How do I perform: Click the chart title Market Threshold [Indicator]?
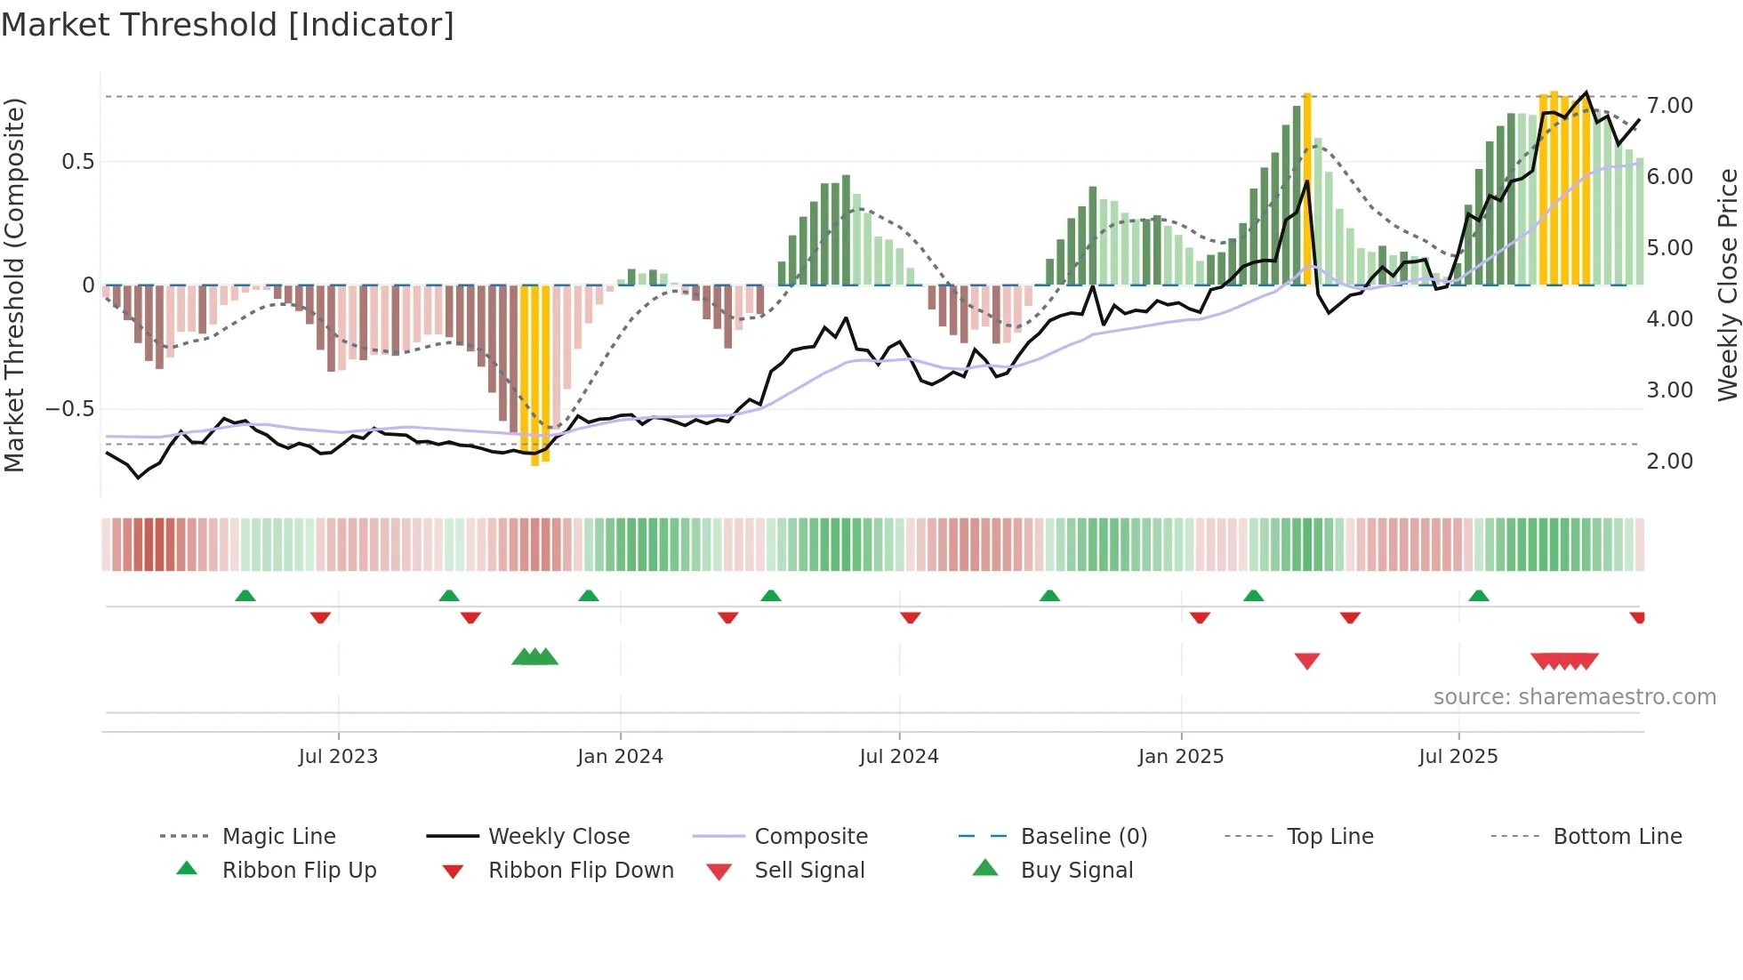228,25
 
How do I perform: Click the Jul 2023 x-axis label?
338,757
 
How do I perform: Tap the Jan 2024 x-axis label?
620,757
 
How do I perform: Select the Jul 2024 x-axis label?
898,757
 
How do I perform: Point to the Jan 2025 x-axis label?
1180,757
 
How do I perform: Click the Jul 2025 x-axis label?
1458,757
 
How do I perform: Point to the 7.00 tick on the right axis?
1669,106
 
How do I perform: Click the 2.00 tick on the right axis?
1669,462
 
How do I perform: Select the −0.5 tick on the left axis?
69,409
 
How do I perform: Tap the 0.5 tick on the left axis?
77,162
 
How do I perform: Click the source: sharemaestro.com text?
1574,697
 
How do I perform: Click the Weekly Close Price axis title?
1727,285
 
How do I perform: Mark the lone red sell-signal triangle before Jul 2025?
1306,661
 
